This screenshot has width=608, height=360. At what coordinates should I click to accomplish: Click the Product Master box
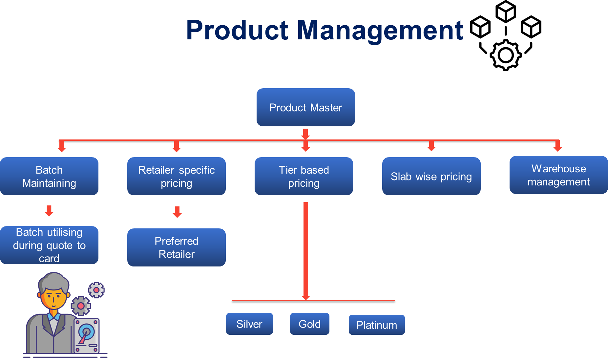(305, 107)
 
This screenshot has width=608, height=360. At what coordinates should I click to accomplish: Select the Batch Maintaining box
(49, 176)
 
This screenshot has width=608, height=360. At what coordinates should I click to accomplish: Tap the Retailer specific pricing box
(176, 176)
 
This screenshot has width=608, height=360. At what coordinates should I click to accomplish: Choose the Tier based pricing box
(304, 176)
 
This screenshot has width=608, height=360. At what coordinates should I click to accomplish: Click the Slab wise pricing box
(431, 176)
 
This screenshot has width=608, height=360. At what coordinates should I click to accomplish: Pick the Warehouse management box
(558, 175)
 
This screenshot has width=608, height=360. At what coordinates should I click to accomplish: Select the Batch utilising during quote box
(49, 245)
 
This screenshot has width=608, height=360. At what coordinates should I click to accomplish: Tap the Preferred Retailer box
(176, 247)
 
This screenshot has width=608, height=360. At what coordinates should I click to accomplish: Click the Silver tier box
(249, 324)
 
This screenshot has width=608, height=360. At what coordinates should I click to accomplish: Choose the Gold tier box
(309, 324)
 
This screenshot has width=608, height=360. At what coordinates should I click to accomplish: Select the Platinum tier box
(376, 325)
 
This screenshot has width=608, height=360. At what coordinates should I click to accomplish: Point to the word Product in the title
(237, 30)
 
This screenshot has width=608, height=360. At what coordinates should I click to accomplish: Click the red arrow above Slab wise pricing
(431, 146)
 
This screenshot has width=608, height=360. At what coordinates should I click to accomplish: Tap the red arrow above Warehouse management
(557, 146)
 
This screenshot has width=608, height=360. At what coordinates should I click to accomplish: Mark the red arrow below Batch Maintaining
(49, 211)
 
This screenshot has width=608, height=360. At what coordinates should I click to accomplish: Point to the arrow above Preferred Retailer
(177, 212)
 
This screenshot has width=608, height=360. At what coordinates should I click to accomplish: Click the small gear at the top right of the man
(96, 290)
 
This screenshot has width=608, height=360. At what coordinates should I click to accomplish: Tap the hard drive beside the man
(86, 335)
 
